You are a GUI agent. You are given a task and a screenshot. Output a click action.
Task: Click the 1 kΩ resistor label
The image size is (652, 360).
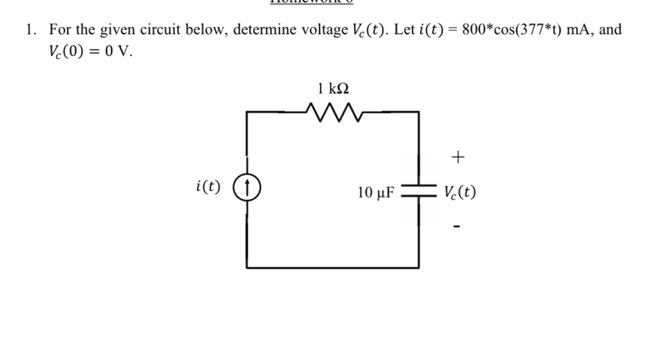pos(333,88)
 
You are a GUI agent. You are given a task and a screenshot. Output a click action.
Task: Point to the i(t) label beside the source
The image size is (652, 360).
pos(208,187)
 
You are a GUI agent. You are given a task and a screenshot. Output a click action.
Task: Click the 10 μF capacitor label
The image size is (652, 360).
pos(376,192)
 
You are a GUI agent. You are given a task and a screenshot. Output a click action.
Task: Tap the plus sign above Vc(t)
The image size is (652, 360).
pos(458,156)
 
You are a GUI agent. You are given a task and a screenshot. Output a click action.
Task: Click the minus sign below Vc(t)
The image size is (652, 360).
pos(456,225)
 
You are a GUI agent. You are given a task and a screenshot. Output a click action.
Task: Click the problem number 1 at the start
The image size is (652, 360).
pos(29,29)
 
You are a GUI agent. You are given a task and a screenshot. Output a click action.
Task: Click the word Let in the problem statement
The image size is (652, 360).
pos(405,29)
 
